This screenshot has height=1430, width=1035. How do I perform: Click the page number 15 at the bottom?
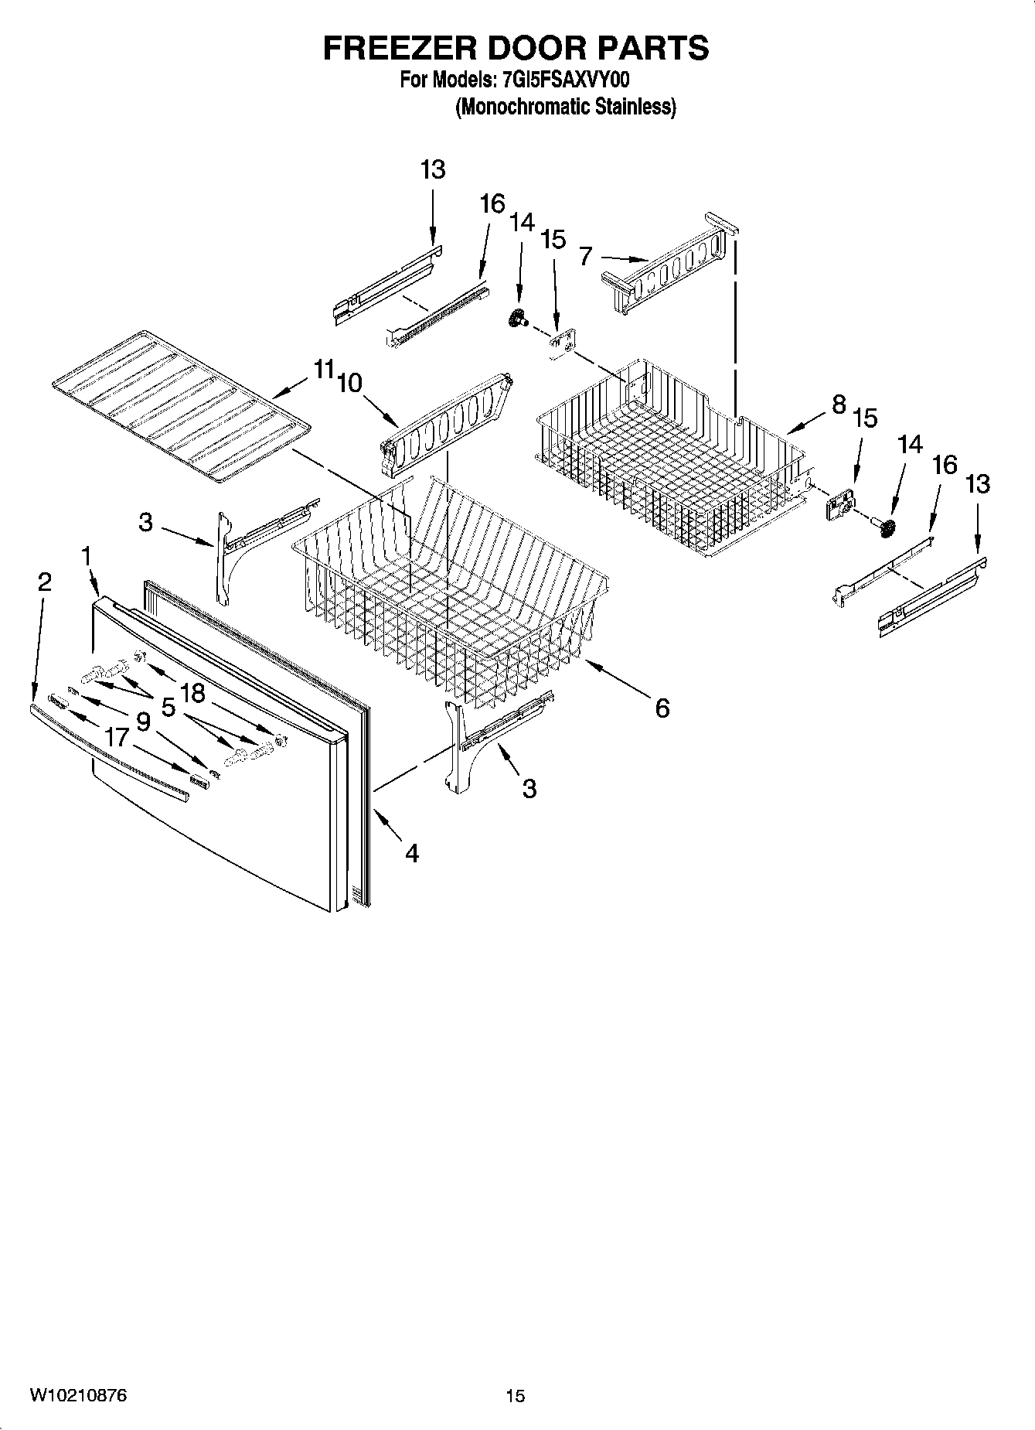click(515, 1395)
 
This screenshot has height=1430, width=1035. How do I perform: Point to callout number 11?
click(323, 370)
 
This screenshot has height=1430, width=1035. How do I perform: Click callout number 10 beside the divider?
click(349, 382)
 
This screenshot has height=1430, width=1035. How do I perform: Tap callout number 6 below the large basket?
click(662, 708)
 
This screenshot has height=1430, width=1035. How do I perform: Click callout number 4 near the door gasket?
click(411, 853)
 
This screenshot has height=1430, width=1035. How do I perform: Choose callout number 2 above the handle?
click(44, 582)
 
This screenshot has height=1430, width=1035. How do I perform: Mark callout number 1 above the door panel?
click(87, 555)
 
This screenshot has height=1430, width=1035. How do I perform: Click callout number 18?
click(192, 693)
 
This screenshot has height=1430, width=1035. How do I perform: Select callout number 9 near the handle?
click(143, 721)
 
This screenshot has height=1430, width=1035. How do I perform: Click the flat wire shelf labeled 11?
click(178, 402)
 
